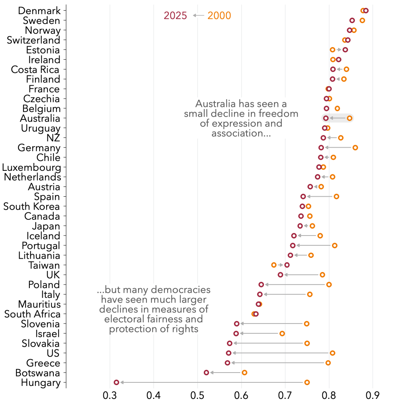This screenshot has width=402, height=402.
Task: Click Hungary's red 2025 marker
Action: (116, 382)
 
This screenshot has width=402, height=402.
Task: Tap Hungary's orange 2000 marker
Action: (307, 382)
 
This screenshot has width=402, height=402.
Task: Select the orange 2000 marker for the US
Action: (333, 353)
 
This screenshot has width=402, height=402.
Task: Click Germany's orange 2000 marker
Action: (355, 148)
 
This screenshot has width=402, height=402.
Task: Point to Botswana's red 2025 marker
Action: (206, 373)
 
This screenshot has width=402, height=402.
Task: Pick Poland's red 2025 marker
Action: (261, 285)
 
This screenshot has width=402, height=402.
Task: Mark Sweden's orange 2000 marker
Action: (362, 20)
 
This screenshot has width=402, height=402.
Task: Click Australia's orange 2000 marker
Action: (349, 118)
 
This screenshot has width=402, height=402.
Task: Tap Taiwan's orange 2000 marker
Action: (274, 265)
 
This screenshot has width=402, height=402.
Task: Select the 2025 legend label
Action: (175, 16)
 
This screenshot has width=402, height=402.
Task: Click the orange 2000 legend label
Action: (219, 16)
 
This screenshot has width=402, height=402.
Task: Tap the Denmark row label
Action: (40, 11)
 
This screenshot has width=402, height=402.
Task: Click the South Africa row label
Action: (33, 314)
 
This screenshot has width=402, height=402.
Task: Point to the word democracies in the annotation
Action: (181, 291)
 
